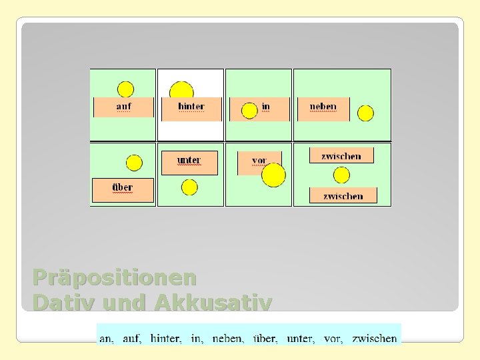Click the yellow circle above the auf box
[x=125, y=89]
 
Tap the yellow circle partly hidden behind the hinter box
[x=181, y=91]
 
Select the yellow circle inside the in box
[x=249, y=111]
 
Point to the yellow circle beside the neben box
[x=365, y=113]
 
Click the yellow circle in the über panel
[x=134, y=163]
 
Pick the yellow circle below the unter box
[x=189, y=187]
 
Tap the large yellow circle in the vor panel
[x=273, y=175]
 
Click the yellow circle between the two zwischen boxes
[x=341, y=175]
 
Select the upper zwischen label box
[x=341, y=156]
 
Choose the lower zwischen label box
[x=343, y=195]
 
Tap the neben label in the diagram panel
[x=323, y=107]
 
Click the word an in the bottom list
[x=107, y=339]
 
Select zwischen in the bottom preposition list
[x=375, y=339]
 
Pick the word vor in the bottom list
[x=333, y=339]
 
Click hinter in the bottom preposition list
[x=165, y=339]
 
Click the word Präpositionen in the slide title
[x=115, y=277]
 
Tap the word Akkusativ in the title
[x=213, y=303]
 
